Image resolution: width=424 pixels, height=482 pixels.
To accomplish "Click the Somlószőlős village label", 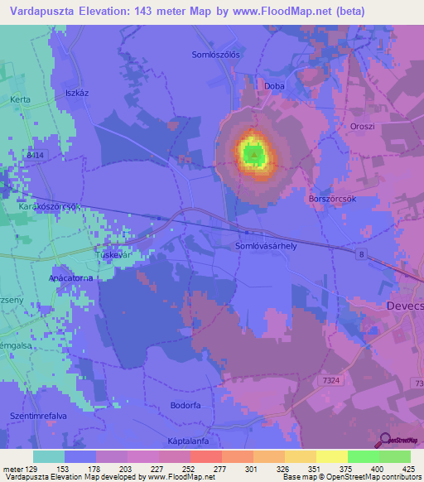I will tap(215, 55).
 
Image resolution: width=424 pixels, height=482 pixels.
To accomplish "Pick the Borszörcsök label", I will tap(331, 199).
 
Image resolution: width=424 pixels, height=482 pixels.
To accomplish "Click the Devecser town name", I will tap(405, 306).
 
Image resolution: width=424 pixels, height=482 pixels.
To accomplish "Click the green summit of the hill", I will tap(253, 153).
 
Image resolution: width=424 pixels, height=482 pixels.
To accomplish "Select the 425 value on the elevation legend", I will tap(408, 469).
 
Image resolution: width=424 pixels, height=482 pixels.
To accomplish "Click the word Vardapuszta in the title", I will tap(47, 12).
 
